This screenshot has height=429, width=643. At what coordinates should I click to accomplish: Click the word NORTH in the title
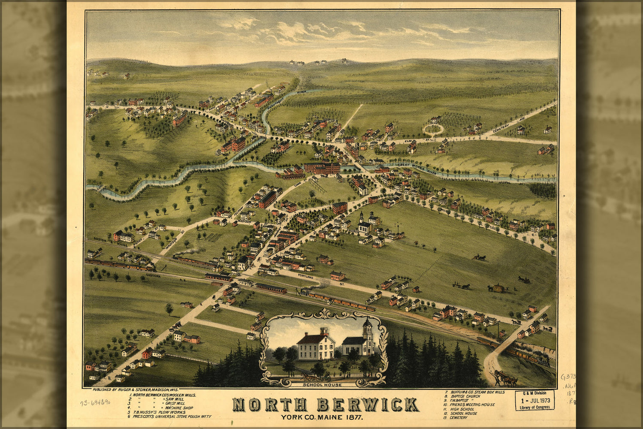(x=269, y=405)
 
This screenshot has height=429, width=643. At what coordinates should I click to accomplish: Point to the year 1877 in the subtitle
(x=355, y=417)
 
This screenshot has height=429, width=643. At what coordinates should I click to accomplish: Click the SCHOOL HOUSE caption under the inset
(x=322, y=385)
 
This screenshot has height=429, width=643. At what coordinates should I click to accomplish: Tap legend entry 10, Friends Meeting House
(x=469, y=405)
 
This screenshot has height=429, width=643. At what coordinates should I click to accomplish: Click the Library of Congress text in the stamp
(x=534, y=407)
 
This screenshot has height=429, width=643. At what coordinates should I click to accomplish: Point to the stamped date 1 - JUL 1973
(x=534, y=400)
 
